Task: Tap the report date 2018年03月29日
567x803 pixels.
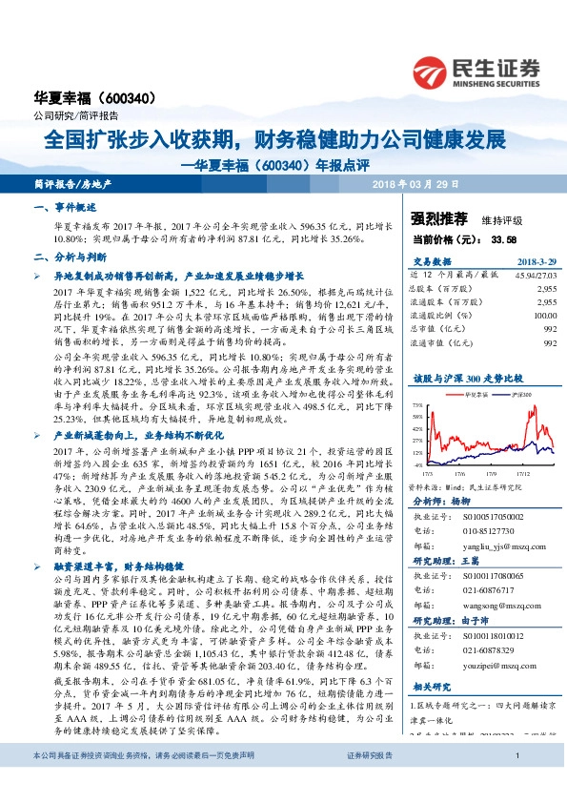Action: (415, 182)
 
